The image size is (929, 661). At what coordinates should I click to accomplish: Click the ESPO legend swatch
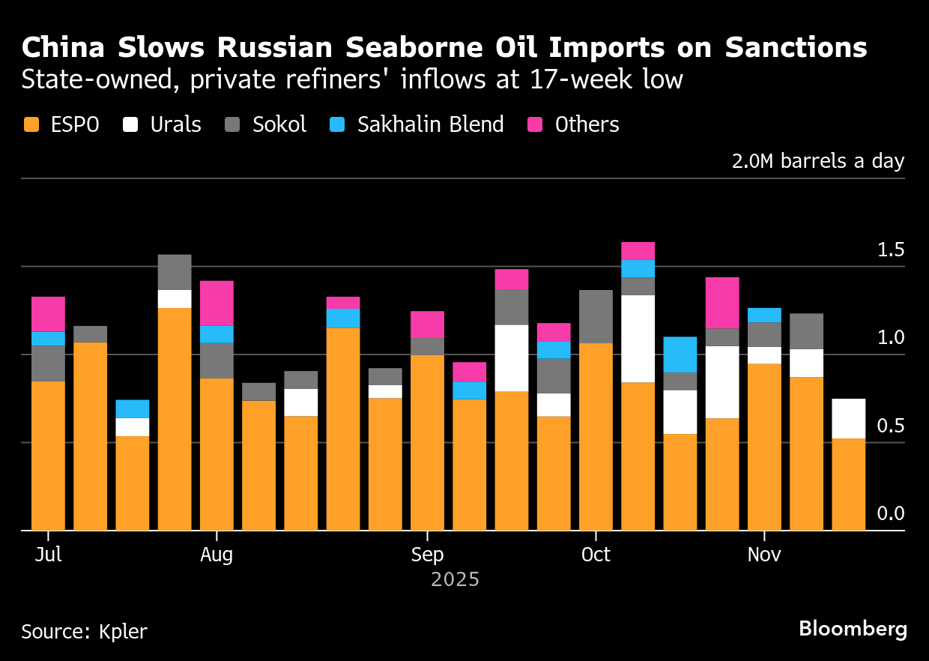coord(31,124)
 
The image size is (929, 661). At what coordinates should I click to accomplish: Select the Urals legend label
coord(175,124)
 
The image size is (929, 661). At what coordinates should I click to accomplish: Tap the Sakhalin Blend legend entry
coord(430,124)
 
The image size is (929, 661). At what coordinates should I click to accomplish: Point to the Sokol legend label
coord(279,124)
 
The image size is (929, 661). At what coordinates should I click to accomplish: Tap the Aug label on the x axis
coord(217,555)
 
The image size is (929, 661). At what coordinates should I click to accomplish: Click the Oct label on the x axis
coord(596,555)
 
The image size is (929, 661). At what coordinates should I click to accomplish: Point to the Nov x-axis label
coord(764,555)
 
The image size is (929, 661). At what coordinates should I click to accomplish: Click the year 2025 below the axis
coord(455,579)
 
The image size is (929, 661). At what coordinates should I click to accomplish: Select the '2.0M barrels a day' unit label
coord(818,162)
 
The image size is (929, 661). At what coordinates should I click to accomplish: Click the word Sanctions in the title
coord(796,48)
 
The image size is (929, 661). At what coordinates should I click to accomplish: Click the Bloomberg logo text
coord(853,629)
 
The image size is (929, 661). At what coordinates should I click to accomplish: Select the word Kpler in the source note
coord(123,631)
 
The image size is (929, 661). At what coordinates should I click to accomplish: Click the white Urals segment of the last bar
coord(849,418)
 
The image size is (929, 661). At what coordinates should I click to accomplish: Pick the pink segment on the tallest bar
coord(638,251)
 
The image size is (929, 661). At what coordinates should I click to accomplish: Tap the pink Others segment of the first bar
coord(48,314)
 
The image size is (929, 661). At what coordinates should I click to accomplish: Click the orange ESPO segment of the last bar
coord(849,484)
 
